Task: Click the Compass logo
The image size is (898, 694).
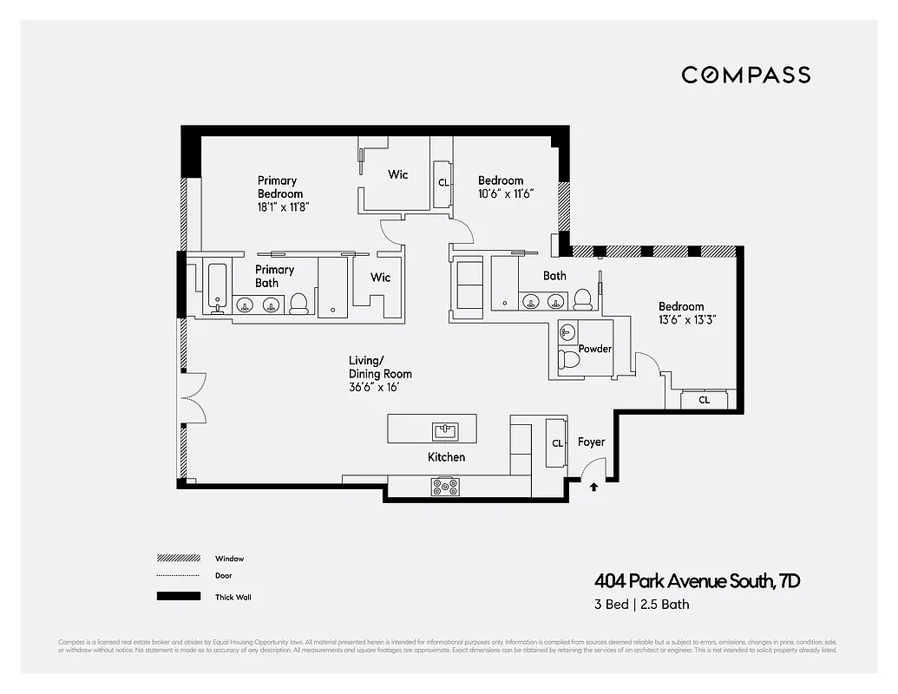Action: [745, 75]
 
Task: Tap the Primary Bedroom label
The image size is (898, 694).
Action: [280, 187]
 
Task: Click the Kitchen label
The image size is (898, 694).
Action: [446, 457]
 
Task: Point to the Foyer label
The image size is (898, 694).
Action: [591, 442]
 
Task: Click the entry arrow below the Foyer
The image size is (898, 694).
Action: [593, 488]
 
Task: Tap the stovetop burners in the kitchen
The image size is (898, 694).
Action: [446, 488]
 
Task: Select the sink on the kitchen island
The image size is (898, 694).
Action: [446, 430]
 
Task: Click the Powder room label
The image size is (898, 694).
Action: [595, 349]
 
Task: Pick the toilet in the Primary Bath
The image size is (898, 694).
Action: [298, 304]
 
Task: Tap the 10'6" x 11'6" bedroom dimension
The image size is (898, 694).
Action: [505, 193]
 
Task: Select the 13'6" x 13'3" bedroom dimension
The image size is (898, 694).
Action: [687, 319]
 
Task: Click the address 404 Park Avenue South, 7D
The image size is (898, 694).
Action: [697, 581]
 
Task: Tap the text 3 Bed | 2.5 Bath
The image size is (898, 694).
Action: [642, 605]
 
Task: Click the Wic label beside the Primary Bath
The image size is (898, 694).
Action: [380, 278]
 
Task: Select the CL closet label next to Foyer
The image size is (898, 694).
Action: [557, 443]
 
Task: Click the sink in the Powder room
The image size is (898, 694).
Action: [567, 331]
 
